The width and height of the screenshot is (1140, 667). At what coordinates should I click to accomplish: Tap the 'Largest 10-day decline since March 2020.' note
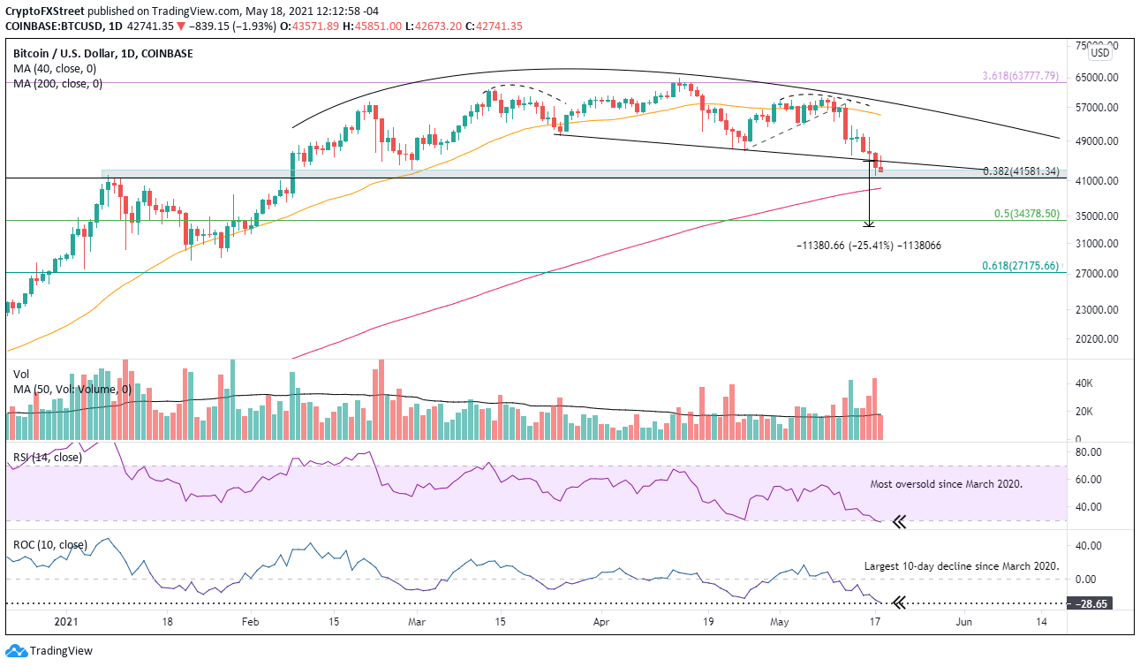(961, 566)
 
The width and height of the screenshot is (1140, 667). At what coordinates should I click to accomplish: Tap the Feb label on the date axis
(249, 622)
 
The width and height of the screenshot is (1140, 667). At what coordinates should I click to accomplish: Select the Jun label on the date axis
(964, 622)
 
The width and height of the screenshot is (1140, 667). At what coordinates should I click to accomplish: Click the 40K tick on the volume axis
(1083, 383)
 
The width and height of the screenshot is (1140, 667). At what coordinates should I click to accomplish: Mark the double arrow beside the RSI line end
(899, 522)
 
